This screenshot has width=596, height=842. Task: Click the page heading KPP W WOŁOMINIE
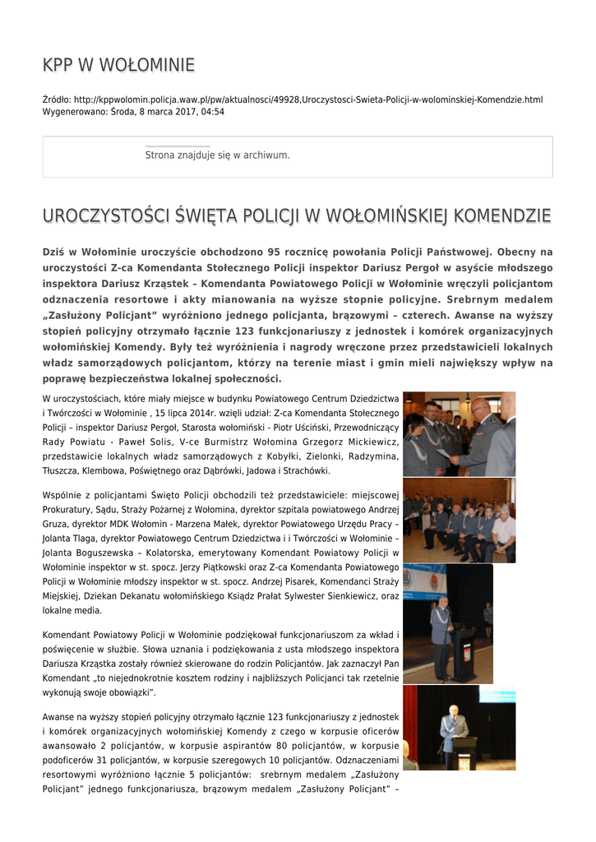[x=118, y=65]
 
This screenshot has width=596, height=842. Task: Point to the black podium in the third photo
[x=464, y=654]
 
